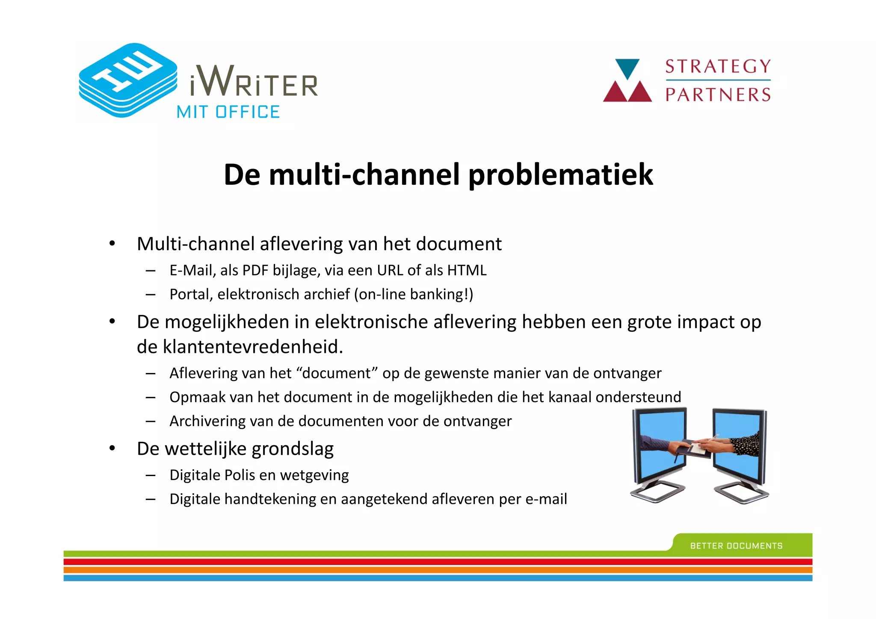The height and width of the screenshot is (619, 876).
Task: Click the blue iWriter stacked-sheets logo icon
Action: (x=127, y=80)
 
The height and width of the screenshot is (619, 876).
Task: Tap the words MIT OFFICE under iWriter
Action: (x=228, y=112)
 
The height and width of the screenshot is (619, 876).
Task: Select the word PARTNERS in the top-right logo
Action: (x=718, y=95)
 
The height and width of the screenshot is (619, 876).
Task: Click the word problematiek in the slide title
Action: (x=561, y=175)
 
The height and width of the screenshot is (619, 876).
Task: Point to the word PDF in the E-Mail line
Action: (x=256, y=270)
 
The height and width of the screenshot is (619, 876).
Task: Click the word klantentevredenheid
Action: (x=253, y=347)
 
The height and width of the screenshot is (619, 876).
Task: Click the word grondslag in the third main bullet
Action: (x=293, y=449)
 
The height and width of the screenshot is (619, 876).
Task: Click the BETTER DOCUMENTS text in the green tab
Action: (x=736, y=546)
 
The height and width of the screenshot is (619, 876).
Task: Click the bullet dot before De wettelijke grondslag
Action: (x=112, y=449)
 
